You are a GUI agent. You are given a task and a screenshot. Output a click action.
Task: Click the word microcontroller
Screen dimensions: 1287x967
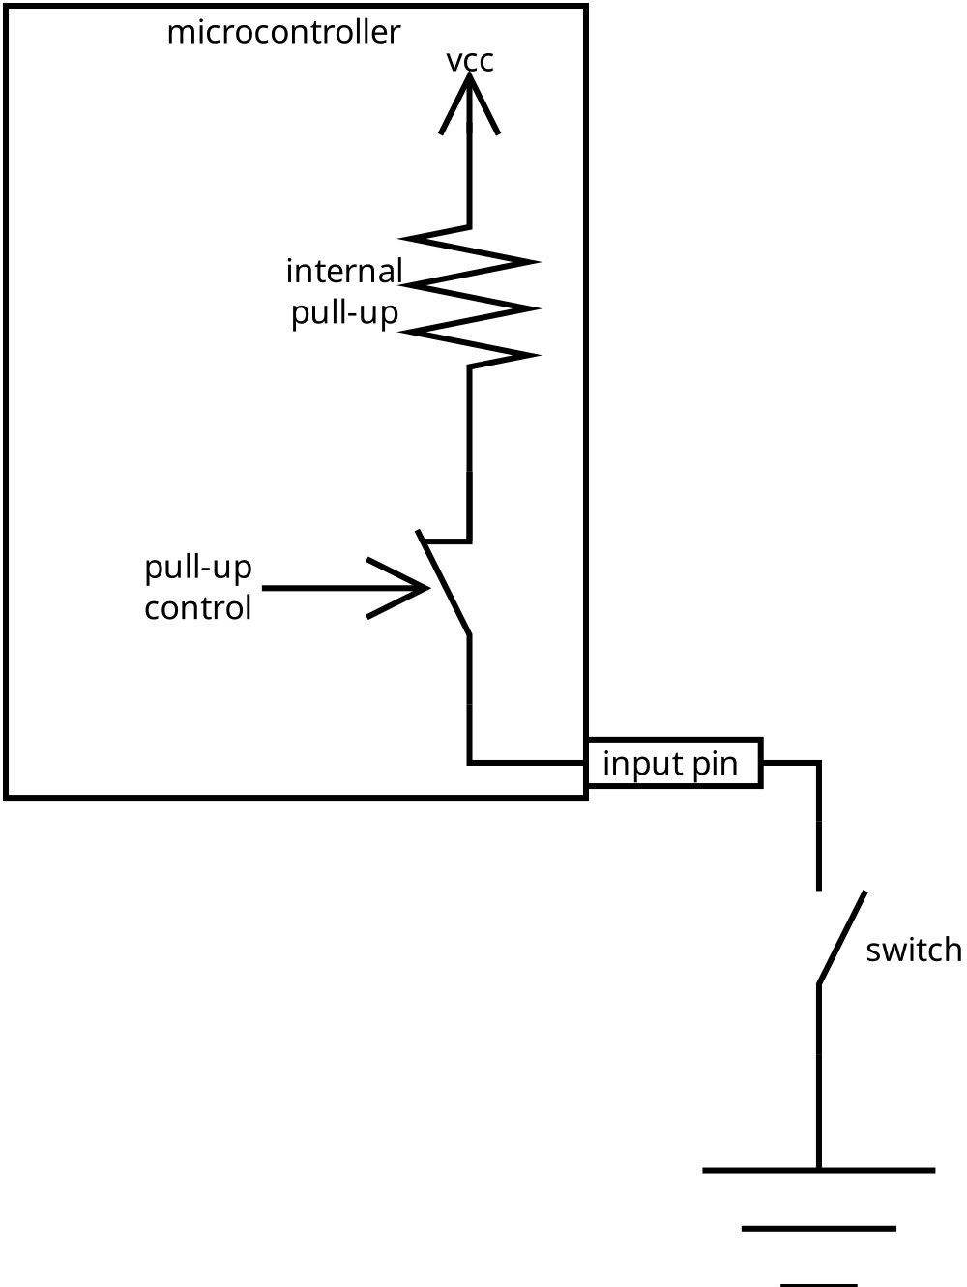(x=283, y=33)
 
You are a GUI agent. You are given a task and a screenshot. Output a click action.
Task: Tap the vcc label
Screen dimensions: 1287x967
(x=470, y=61)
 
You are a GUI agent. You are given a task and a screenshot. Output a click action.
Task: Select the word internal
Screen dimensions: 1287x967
(x=343, y=272)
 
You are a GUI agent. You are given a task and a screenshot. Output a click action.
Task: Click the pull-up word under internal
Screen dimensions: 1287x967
(x=345, y=313)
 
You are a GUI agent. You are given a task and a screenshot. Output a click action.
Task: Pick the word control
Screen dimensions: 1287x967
(x=198, y=608)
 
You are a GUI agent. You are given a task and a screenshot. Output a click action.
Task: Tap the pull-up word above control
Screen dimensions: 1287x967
(x=198, y=568)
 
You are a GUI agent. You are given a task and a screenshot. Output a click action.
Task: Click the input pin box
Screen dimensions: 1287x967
(x=674, y=764)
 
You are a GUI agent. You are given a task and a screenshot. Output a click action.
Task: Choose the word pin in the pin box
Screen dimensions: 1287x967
(x=715, y=765)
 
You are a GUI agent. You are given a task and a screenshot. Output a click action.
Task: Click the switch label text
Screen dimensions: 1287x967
(x=914, y=951)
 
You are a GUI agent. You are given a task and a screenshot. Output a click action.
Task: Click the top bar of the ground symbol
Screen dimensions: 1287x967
(x=818, y=1171)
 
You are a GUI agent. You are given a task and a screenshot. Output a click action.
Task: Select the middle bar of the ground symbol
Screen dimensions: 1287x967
(x=818, y=1229)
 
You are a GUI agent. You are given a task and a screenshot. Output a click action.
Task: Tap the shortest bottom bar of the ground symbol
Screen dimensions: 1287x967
(x=818, y=1284)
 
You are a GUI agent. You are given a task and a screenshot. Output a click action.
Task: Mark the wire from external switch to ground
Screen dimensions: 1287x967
(x=819, y=1073)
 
